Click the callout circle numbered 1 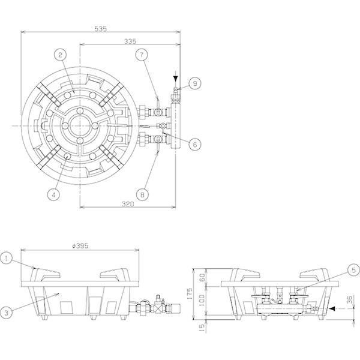click(x=6, y=258)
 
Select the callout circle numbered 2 click(x=60, y=55)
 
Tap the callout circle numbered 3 click(x=6, y=313)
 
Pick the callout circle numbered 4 click(x=53, y=194)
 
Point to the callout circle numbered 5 click(x=353, y=270)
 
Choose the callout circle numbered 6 click(x=195, y=145)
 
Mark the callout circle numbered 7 click(x=142, y=55)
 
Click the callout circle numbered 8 click(x=142, y=194)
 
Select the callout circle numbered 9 click(x=195, y=83)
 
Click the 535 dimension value click(x=101, y=29)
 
